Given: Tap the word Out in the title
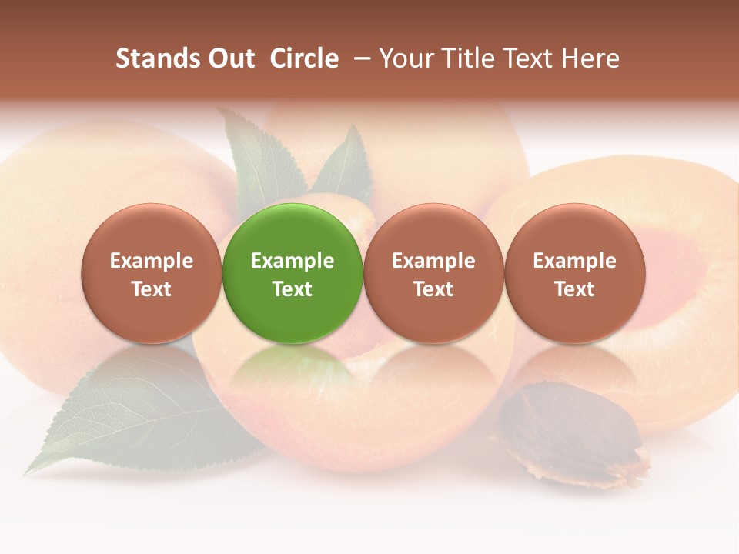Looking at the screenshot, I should coord(231,58).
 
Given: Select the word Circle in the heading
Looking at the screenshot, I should coord(304,58).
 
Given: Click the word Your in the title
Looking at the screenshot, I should coord(404,58).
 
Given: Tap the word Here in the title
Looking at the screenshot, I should coord(590,58).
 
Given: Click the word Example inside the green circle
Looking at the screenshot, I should coord(293,261).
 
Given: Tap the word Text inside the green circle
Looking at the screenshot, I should coord(293,289).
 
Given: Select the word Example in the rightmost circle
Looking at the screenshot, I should coord(574,261).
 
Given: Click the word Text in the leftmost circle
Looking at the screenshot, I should coord(151,289).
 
